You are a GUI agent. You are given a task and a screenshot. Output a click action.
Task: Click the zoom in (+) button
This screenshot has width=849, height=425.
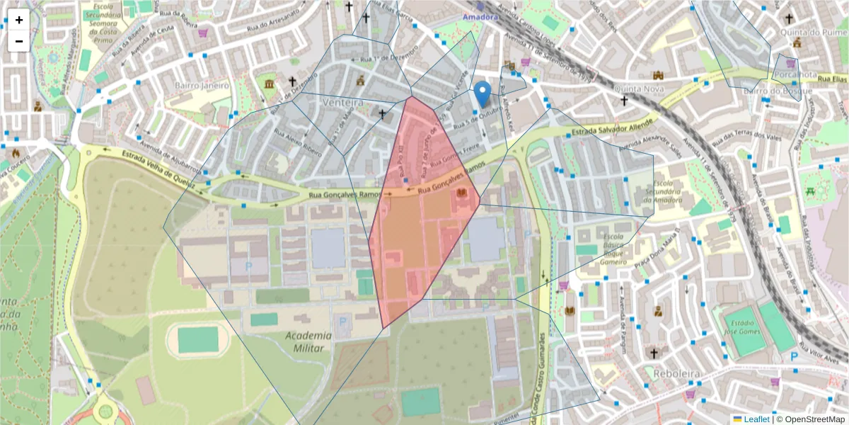[x=19, y=20]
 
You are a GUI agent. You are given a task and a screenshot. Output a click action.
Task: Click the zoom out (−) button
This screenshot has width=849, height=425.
[x=19, y=41]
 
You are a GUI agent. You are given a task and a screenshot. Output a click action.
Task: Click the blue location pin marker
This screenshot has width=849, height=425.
[x=483, y=94]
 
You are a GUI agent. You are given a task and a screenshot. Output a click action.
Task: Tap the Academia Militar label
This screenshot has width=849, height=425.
[x=309, y=341]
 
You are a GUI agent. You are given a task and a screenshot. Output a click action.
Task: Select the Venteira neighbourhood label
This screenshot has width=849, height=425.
[x=342, y=103]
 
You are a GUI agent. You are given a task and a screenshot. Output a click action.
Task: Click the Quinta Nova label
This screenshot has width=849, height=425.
[x=637, y=89]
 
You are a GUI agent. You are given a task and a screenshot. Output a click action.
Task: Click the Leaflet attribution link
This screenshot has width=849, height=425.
[x=756, y=419]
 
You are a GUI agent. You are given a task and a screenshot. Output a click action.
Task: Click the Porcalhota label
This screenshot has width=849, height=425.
[x=795, y=74]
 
